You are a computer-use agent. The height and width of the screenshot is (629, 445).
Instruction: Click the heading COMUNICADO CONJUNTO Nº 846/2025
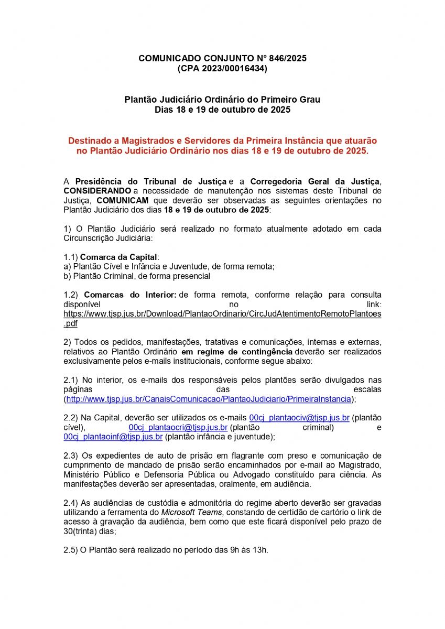(x=222, y=58)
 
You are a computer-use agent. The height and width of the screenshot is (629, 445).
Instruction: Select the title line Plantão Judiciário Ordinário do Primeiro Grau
(x=222, y=100)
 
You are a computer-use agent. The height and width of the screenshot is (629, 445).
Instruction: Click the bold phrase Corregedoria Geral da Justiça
(x=311, y=181)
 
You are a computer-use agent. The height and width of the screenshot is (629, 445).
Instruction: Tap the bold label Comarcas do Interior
(x=129, y=295)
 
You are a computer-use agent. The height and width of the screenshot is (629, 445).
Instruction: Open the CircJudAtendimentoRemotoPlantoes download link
(x=222, y=313)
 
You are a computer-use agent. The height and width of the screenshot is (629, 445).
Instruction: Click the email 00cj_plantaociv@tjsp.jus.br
(x=299, y=418)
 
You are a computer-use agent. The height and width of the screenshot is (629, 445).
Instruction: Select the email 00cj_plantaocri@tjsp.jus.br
(x=178, y=427)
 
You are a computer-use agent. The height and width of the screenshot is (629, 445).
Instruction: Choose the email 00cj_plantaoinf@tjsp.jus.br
(x=113, y=437)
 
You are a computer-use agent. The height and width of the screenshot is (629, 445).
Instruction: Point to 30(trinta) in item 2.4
(x=86, y=530)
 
